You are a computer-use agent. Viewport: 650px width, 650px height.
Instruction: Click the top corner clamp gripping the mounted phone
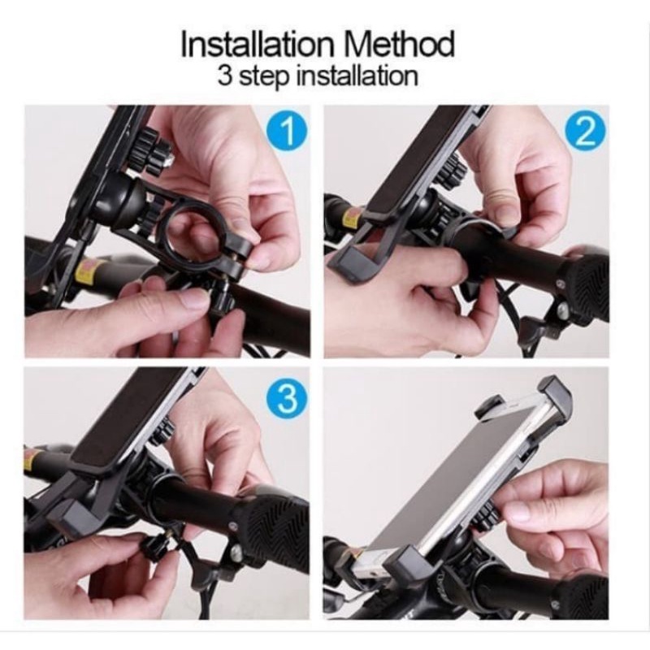click(x=555, y=395)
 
